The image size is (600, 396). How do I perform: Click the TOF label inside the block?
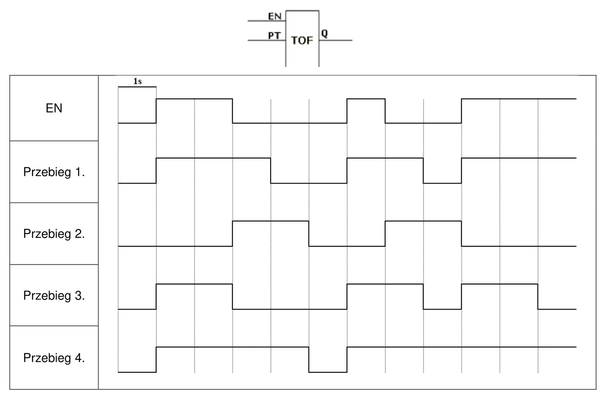click(x=302, y=40)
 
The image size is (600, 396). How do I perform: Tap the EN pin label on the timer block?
click(x=274, y=16)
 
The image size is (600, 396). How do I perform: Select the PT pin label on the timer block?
click(x=274, y=35)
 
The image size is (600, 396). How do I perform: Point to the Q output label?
click(x=324, y=33)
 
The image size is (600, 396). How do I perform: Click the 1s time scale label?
click(x=137, y=81)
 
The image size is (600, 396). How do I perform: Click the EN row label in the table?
click(x=54, y=108)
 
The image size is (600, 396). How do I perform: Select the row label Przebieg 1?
click(x=54, y=172)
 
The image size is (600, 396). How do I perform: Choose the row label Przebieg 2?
click(x=54, y=234)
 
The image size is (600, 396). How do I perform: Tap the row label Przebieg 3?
click(x=54, y=295)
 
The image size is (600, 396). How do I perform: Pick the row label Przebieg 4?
click(x=54, y=358)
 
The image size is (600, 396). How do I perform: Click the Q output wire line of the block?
click(x=335, y=40)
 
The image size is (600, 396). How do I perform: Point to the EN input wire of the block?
click(x=267, y=20)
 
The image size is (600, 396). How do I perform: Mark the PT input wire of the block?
click(x=267, y=40)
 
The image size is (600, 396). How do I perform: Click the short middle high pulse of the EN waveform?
click(x=366, y=99)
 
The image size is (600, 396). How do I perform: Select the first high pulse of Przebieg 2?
click(x=270, y=221)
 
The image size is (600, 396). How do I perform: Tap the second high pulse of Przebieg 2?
click(x=423, y=221)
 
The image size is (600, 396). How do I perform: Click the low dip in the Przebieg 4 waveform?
click(x=328, y=372)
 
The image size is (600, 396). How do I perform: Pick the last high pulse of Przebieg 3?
click(x=499, y=284)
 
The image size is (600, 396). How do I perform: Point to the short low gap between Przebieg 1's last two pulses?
click(x=442, y=183)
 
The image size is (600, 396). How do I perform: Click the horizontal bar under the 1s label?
click(x=137, y=87)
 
